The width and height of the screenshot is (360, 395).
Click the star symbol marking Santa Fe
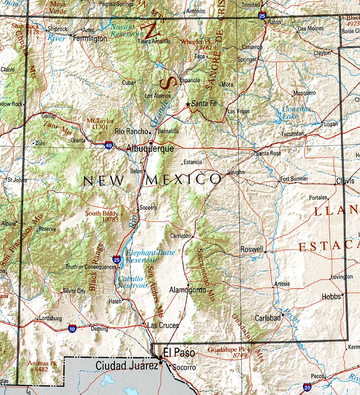point(187,104)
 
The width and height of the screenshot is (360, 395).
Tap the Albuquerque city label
point(150,148)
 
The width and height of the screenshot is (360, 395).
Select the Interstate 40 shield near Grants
point(108,145)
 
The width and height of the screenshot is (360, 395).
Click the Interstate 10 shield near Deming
point(72,328)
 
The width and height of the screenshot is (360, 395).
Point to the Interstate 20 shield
point(307,388)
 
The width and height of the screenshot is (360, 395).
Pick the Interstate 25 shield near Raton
point(261,16)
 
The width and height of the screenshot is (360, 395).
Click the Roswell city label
point(252,249)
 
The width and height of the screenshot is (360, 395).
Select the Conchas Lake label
point(296,112)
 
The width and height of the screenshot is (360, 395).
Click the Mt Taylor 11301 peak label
point(100,123)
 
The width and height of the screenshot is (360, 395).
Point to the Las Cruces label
point(163,325)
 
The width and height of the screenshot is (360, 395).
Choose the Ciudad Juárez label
point(127,365)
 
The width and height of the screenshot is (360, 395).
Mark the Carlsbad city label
point(268,318)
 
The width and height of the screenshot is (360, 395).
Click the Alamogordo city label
point(187,290)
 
